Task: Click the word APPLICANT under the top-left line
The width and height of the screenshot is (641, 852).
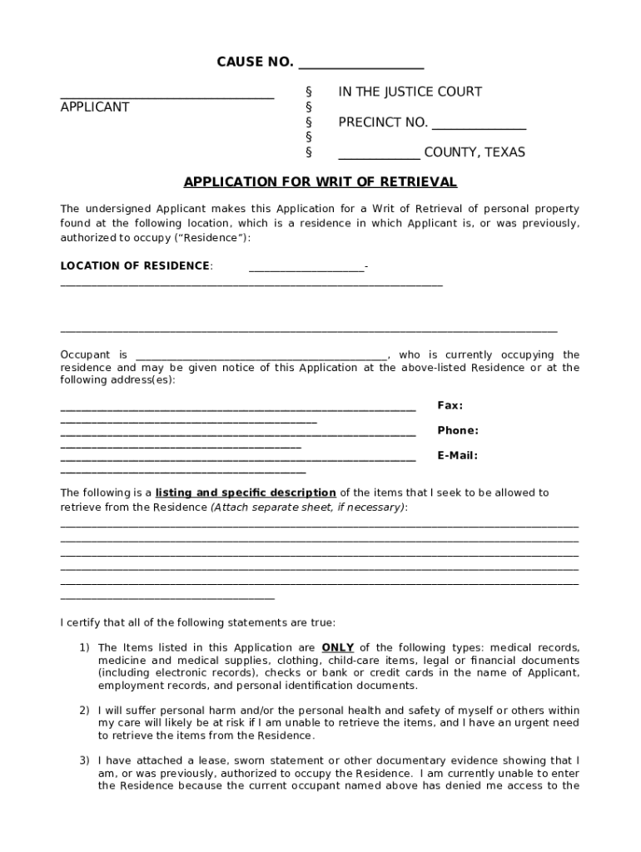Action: [95, 107]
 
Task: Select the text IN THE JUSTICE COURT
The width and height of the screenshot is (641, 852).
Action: [410, 92]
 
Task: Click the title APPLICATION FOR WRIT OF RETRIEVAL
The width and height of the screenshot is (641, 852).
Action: [320, 182]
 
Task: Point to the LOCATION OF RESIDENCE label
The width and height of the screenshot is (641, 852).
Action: [135, 266]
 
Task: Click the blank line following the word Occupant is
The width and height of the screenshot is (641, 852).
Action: [261, 355]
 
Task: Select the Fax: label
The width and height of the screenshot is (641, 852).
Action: [450, 406]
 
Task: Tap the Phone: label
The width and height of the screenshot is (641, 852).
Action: [458, 431]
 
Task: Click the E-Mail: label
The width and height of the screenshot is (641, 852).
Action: [457, 456]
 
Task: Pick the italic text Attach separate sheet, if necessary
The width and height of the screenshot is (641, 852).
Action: [308, 507]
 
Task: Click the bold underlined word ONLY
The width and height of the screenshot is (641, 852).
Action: [338, 648]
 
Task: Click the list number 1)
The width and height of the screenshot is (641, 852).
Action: [84, 648]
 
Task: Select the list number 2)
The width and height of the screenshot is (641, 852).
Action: [84, 711]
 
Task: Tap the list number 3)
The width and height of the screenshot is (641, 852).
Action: [84, 761]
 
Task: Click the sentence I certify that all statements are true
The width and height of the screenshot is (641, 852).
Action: [198, 622]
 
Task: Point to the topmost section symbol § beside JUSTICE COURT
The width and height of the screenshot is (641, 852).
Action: [309, 92]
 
